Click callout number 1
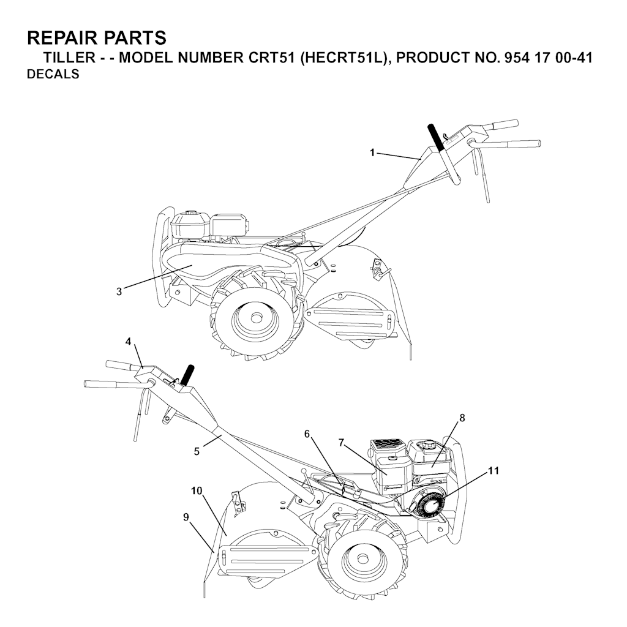coord(373,152)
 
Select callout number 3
coord(119,292)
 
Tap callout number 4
coord(128,342)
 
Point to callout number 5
coord(197,451)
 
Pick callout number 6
coord(307,434)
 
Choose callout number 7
coord(341,443)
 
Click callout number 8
coord(462,418)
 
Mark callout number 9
coord(186,517)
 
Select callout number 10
coord(197,490)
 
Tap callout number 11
coord(494,471)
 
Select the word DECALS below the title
coord(53,74)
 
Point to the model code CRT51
coord(271,58)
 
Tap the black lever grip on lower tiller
coord(187,375)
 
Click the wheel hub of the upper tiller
coord(253,317)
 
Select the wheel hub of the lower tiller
coord(362,558)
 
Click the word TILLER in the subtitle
coord(69,58)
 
